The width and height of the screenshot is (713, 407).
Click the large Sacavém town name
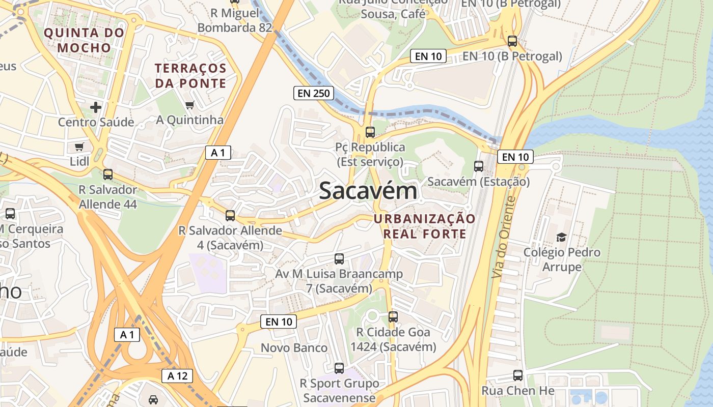(368, 191)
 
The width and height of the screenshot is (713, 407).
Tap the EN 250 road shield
(314, 93)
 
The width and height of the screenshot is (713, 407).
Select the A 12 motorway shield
(177, 376)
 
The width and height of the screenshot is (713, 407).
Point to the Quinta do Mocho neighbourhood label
(84, 40)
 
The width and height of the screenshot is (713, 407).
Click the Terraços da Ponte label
(191, 75)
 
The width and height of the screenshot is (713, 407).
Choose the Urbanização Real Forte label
(424, 226)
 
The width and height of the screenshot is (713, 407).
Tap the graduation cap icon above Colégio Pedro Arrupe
(561, 237)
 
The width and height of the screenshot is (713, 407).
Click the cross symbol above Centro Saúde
(95, 107)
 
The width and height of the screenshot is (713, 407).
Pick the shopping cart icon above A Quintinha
(189, 105)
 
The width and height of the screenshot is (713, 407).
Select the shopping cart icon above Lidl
(79, 147)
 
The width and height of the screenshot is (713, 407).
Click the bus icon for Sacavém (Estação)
(478, 166)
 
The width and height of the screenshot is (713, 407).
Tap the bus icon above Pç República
(370, 132)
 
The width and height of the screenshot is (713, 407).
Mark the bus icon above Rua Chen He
(518, 375)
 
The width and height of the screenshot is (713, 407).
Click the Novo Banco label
(294, 348)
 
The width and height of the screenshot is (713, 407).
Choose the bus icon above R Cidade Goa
(393, 317)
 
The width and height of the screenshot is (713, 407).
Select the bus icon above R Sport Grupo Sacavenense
(339, 368)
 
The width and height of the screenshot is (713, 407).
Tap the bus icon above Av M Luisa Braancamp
(339, 258)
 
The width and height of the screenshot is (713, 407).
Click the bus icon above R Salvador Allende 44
(107, 175)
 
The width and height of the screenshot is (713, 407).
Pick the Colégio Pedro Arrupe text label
(562, 259)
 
